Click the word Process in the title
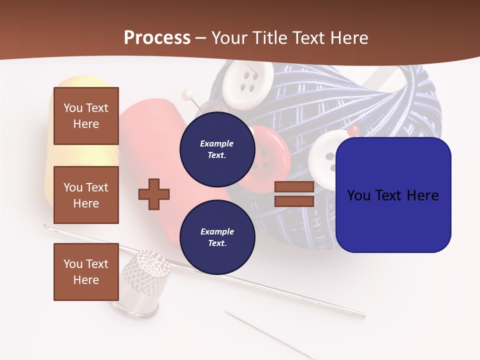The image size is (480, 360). pos(157,37)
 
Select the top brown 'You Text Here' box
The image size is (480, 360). pos(86,116)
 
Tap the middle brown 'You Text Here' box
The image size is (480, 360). pos(86,195)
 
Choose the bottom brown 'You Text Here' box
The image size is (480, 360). pos(86,272)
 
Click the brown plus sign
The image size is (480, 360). pos(154,193)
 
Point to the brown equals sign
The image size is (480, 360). pos(294,194)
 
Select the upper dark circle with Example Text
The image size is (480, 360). pos(217,149)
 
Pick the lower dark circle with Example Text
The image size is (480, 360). pos(217,237)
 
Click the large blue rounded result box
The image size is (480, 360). pos(393,195)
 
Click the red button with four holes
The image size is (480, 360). pos(270,155)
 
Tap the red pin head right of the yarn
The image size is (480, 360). pos(354,130)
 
